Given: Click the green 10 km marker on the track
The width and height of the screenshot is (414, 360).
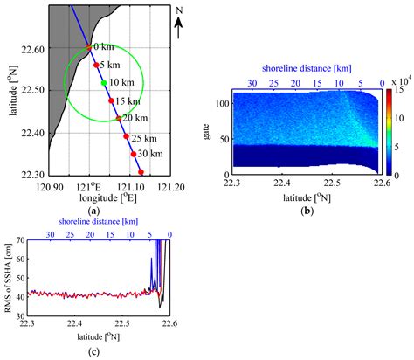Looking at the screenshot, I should click(104, 83).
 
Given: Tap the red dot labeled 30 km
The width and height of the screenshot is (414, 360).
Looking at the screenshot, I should click(134, 154).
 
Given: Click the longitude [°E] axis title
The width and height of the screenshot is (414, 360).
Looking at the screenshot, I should click(111, 198).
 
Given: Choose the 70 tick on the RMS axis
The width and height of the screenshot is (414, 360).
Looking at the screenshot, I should click(21, 239).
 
